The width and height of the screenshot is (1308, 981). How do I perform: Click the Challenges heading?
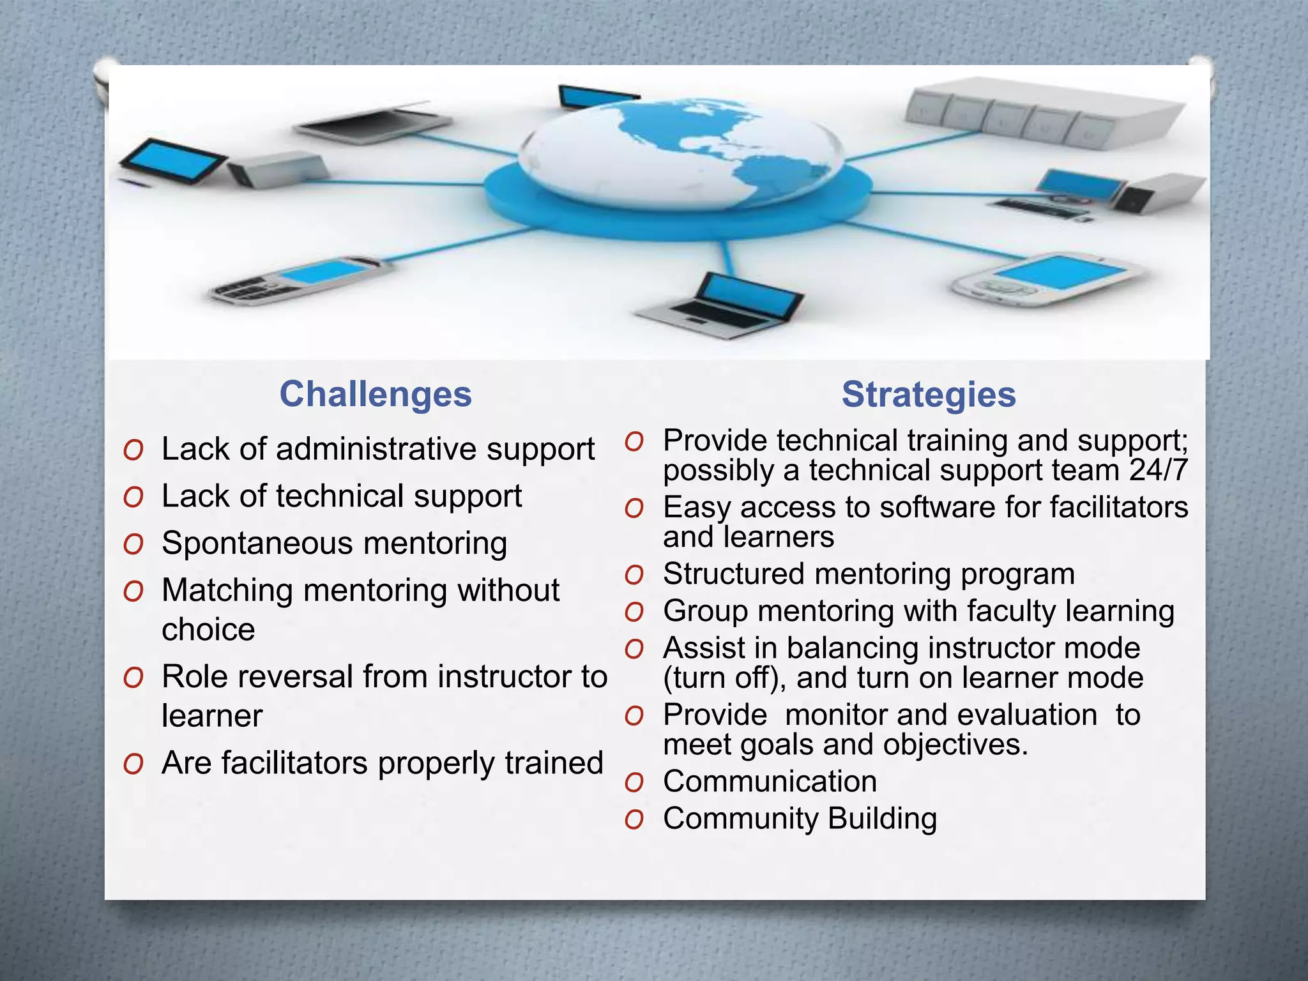click(376, 394)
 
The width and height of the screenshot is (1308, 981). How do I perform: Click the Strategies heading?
click(928, 394)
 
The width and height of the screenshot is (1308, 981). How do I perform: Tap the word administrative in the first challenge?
click(376, 448)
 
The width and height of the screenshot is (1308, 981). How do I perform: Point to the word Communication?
click(770, 781)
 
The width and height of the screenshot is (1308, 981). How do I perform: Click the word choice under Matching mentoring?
click(208, 630)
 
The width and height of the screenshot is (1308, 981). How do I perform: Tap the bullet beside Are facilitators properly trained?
click(133, 764)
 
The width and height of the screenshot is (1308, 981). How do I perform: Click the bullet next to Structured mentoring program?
click(634, 575)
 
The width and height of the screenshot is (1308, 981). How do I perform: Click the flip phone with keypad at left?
click(300, 280)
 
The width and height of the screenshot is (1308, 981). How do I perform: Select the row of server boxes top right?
click(1041, 112)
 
